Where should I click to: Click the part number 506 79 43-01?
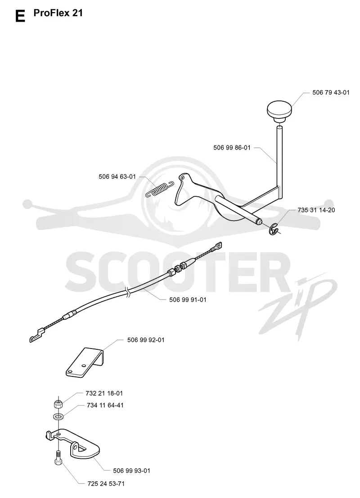331,92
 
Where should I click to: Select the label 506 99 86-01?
232,148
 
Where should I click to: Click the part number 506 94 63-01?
117,177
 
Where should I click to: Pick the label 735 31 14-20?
316,210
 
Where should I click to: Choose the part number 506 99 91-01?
188,299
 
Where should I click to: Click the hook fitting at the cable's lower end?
37,335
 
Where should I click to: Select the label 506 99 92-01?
146,340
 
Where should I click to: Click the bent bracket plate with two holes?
85,362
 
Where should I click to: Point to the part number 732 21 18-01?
104,393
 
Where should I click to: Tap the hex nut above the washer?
58,404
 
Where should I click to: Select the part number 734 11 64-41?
105,405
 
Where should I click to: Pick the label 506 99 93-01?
131,471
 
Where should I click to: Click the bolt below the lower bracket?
58,457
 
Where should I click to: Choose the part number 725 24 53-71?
106,484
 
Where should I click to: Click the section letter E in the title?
20,16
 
